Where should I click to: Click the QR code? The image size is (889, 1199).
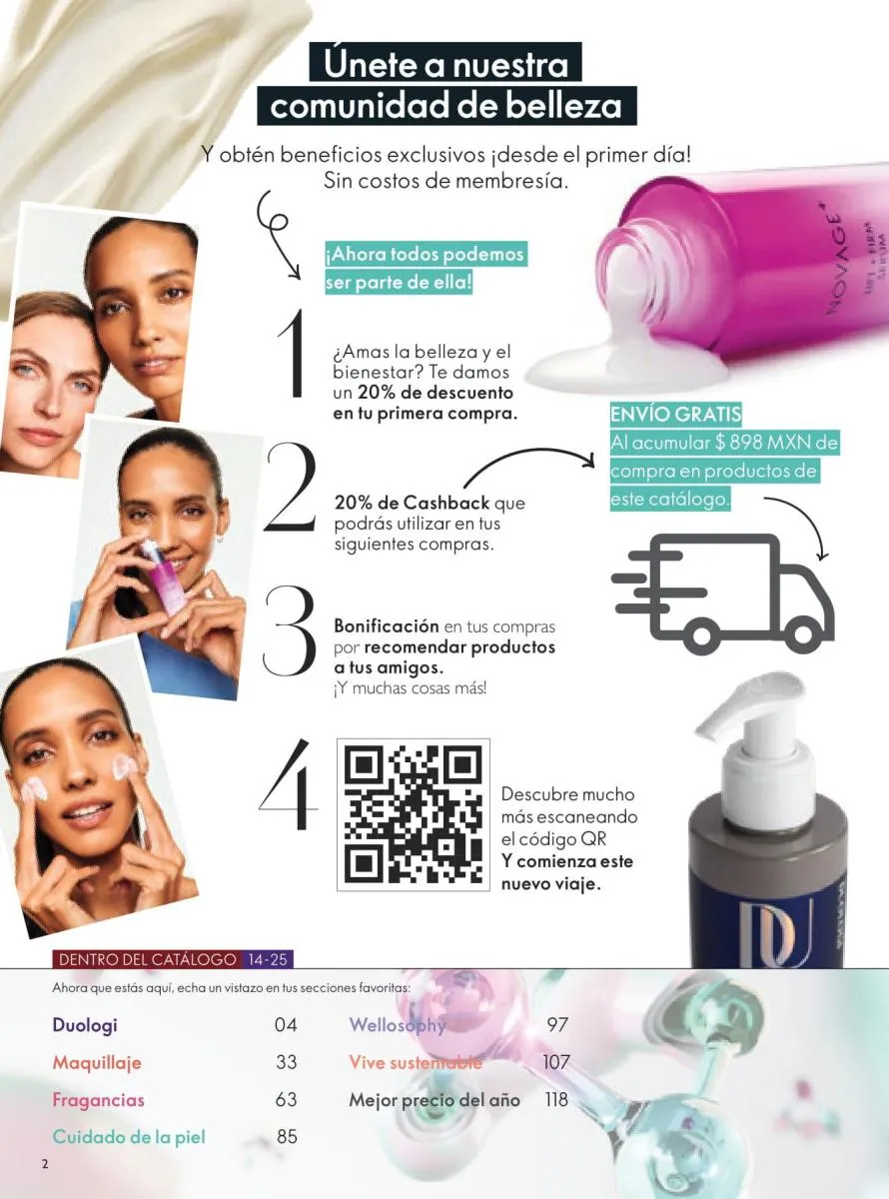[x=414, y=814]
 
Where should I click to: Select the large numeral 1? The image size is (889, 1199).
[x=291, y=353]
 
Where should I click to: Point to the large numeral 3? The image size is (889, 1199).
[x=289, y=630]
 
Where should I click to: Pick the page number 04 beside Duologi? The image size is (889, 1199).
[x=286, y=1024]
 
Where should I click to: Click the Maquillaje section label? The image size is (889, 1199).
[x=97, y=1063]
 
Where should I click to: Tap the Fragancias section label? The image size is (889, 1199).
[x=98, y=1099]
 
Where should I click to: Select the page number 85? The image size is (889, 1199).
[x=287, y=1136]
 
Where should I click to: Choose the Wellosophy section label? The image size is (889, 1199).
[x=398, y=1025]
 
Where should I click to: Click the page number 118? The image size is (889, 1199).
[x=556, y=1099]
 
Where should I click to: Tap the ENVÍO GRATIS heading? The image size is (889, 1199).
[x=675, y=414]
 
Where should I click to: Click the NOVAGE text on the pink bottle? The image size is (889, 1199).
[x=835, y=265]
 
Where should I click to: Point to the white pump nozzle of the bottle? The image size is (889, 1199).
[x=743, y=702]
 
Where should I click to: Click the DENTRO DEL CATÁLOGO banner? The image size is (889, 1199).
[x=147, y=959]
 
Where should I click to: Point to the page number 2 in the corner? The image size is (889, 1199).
[x=45, y=1164]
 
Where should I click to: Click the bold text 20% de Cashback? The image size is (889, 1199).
[x=412, y=503]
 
